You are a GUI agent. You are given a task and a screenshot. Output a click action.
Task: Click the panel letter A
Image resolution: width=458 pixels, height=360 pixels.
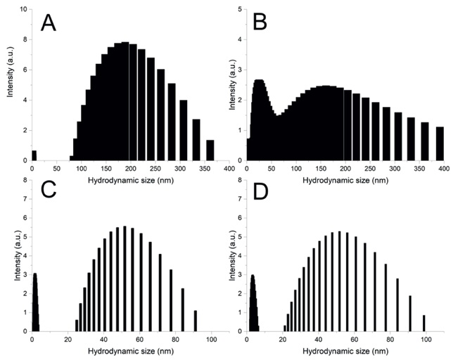pyautogui.click(x=49, y=23)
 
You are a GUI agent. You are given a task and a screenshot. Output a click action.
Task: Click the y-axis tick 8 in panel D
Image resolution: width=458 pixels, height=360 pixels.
pyautogui.click(x=241, y=181)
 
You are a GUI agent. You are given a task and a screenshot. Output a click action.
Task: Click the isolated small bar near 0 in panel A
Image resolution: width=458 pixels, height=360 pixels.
pyautogui.click(x=34, y=155)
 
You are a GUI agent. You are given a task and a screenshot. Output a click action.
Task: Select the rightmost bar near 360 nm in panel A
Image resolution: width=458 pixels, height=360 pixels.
pyautogui.click(x=210, y=150)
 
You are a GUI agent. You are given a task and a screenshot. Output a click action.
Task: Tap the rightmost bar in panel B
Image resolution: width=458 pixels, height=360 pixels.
pyautogui.click(x=440, y=143)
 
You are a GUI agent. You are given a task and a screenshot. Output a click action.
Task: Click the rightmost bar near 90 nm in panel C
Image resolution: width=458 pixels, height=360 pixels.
pyautogui.click(x=195, y=321)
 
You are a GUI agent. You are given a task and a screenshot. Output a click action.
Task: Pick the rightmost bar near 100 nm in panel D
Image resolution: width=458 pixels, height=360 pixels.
pyautogui.click(x=424, y=323)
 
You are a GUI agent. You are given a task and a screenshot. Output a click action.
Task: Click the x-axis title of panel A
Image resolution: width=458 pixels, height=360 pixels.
pyautogui.click(x=130, y=179)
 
